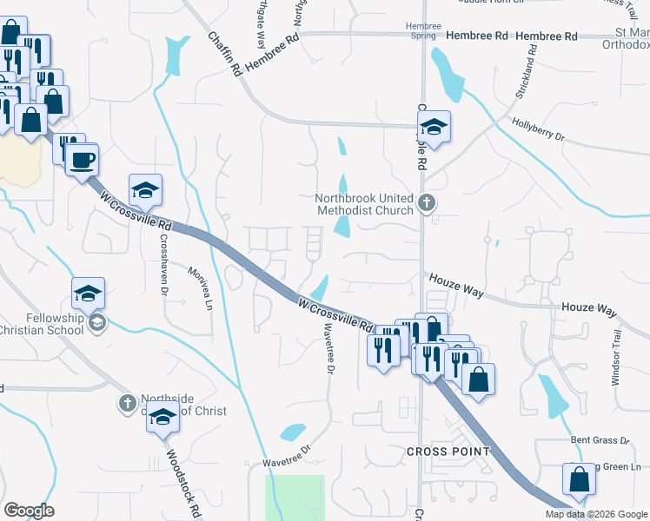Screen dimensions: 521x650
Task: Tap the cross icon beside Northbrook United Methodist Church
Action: [426, 204]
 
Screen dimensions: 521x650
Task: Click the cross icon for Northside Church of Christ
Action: [127, 403]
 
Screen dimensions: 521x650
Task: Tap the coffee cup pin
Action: [83, 161]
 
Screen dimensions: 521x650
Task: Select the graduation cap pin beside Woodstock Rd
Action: [162, 420]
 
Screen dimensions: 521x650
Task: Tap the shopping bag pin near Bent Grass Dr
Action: [580, 481]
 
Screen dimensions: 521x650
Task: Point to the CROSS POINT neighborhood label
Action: [448, 452]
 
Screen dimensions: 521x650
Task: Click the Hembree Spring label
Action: [423, 30]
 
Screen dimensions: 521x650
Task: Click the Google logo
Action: [29, 511]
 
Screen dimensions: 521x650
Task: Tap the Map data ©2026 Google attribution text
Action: [596, 514]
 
